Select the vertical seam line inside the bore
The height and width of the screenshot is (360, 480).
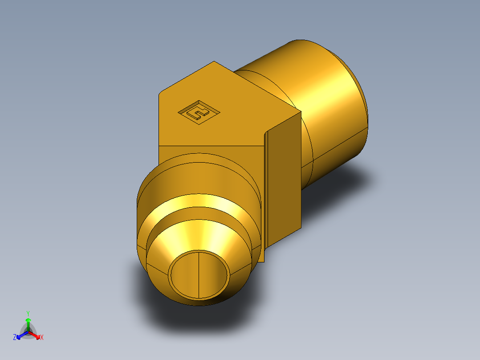click(198, 274)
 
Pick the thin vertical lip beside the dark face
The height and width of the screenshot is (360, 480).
click(266, 196)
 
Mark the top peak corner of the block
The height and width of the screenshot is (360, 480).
click(215, 61)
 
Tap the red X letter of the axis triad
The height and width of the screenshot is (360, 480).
click(42, 338)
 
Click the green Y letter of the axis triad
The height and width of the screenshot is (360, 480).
click(28, 313)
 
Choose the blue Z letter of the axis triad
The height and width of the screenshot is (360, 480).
click(15, 338)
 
